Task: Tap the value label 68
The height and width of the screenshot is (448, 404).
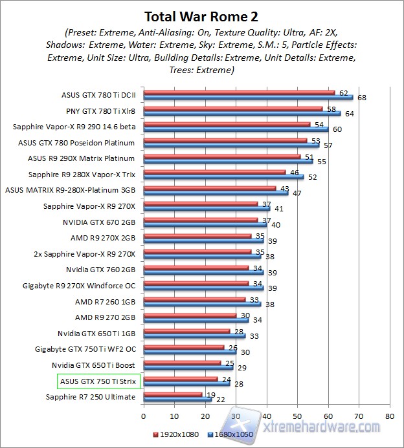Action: click(x=361, y=98)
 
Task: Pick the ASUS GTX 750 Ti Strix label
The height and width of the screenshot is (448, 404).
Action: click(x=99, y=381)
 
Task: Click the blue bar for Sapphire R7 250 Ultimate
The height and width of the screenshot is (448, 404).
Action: click(x=177, y=399)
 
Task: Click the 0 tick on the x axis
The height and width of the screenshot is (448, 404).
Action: click(x=144, y=409)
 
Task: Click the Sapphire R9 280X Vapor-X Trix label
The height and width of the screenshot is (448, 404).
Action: click(x=82, y=175)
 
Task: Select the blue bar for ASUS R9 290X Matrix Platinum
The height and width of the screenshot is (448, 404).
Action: click(x=228, y=161)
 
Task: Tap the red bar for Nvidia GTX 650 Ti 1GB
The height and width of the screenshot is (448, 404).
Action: click(x=186, y=331)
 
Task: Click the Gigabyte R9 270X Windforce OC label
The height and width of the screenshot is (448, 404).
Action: click(x=78, y=285)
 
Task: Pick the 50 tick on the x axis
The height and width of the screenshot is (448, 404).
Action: click(x=297, y=409)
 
